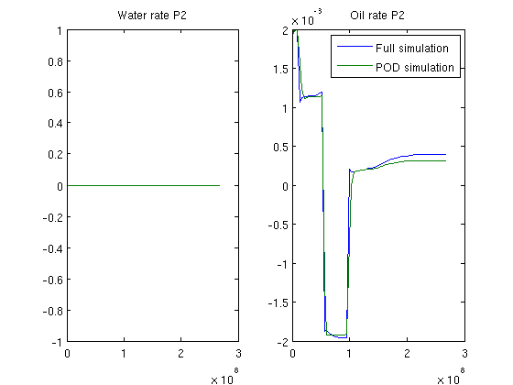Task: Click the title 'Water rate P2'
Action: (x=152, y=16)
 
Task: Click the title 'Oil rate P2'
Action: (x=377, y=16)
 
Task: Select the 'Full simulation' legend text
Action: (x=412, y=49)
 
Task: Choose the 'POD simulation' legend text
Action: (x=415, y=68)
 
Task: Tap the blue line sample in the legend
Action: (x=355, y=47)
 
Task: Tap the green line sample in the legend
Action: (x=355, y=66)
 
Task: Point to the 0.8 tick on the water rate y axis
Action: (x=55, y=61)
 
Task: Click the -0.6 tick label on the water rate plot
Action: (x=53, y=280)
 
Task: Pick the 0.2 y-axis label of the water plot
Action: (x=55, y=154)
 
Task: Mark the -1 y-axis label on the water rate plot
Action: (x=57, y=343)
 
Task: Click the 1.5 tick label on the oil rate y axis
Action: (x=281, y=69)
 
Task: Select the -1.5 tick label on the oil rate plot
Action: (x=278, y=302)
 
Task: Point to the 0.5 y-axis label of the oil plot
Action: (x=281, y=147)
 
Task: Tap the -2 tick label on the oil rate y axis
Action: (x=283, y=343)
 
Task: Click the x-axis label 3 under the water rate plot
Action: (x=238, y=354)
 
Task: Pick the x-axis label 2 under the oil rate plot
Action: (x=407, y=354)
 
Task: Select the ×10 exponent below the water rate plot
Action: (x=224, y=377)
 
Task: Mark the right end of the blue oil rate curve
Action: (x=445, y=155)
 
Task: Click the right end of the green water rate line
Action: (x=220, y=185)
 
